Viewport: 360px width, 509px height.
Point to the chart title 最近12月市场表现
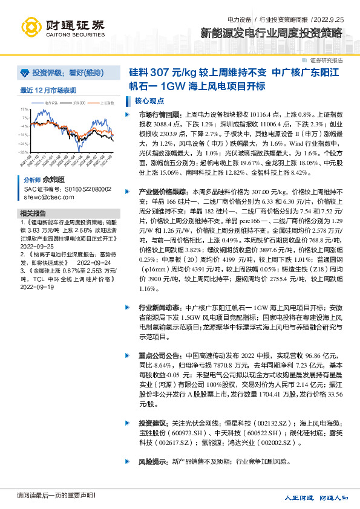coord(48,90)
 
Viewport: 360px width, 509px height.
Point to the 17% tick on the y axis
coord(24,109)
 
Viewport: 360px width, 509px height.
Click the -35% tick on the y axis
coord(24,152)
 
